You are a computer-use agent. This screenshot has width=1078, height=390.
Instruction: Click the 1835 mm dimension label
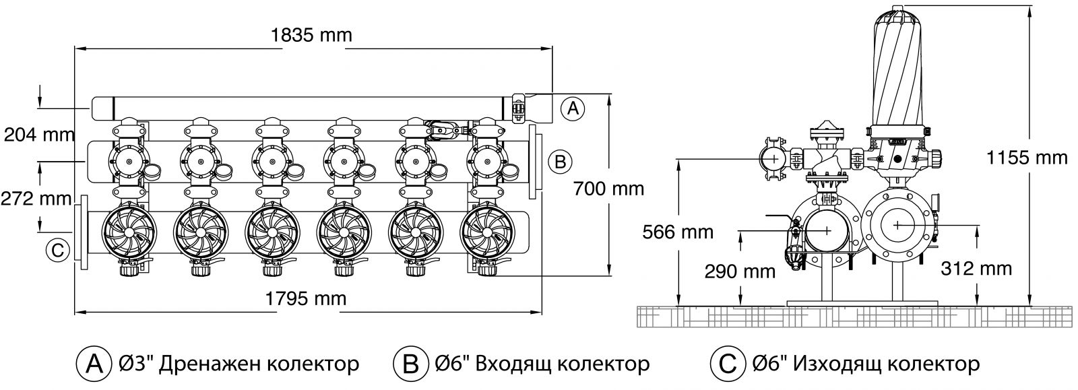311,35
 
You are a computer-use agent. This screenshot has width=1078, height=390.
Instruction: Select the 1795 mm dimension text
307,298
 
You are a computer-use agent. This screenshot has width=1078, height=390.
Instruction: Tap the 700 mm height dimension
608,188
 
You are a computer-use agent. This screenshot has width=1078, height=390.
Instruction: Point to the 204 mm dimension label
38,135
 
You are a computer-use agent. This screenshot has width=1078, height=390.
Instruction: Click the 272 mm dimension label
37,199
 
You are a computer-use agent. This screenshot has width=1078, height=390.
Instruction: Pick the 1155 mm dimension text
1027,158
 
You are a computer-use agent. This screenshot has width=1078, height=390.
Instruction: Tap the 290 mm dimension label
740,271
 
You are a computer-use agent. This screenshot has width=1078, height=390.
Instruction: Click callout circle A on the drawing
571,108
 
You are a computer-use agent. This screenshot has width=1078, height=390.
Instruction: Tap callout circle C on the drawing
57,250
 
